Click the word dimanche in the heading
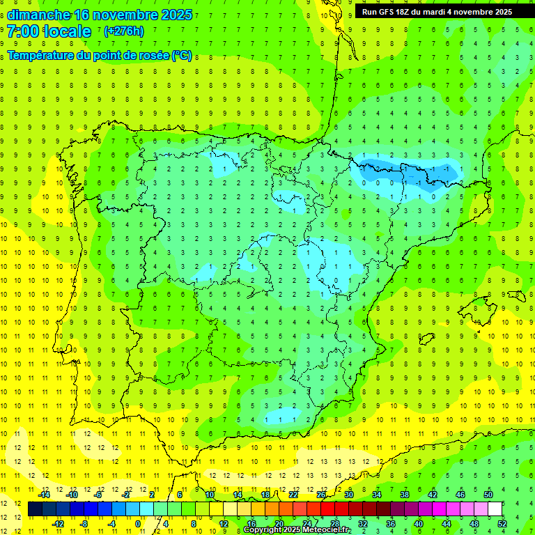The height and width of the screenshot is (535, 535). coord(38,15)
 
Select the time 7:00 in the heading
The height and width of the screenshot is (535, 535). coord(24,31)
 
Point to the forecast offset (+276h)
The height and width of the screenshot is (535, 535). coord(123,31)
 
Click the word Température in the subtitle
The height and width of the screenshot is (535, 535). coord(38,56)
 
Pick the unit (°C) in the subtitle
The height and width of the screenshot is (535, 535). coord(181,56)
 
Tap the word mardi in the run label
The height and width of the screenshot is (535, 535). coord(433,12)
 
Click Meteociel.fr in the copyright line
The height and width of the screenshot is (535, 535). coord(326,530)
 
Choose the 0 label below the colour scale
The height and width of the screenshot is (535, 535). coord(138,524)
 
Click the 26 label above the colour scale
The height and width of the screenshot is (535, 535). coord(321,495)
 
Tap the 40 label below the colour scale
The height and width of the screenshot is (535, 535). coord(419,524)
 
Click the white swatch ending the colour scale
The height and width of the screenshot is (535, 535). coord(495,509)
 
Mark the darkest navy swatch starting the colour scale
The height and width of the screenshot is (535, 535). coord(35,509)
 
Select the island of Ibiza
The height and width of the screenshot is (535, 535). coord(426,339)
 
